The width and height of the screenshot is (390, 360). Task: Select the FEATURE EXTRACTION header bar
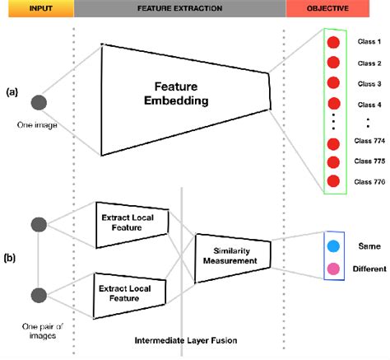179,8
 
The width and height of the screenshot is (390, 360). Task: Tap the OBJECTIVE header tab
337,8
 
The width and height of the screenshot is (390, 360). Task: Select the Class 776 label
367,180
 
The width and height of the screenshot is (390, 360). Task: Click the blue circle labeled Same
333,247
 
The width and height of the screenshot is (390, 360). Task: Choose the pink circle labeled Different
333,269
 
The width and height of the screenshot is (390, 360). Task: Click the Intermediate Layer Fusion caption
181,338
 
